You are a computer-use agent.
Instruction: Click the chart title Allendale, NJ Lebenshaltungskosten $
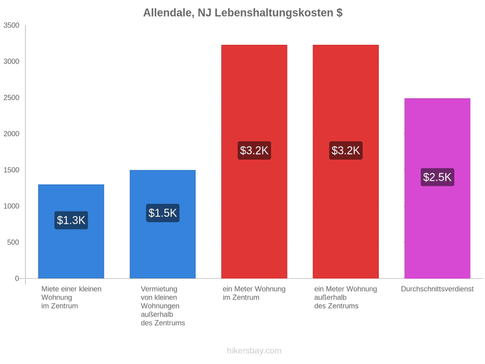tap(243, 13)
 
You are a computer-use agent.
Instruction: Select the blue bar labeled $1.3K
tap(71, 231)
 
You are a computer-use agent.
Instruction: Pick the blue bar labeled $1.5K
tap(163, 224)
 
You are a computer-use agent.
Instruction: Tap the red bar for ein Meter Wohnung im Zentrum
tap(254, 162)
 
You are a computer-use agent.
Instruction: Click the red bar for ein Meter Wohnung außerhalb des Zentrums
tap(346, 162)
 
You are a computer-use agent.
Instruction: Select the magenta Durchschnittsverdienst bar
tap(438, 189)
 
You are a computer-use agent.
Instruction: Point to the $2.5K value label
tap(438, 177)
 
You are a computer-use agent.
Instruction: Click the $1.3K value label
tap(71, 220)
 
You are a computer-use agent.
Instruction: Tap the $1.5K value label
tap(163, 213)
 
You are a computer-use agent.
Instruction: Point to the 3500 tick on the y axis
tap(11, 25)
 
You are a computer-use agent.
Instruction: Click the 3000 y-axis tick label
tap(11, 61)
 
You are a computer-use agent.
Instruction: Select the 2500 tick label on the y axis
tap(11, 98)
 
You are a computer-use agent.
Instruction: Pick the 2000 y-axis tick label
tap(11, 134)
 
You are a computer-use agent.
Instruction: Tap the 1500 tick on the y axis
tap(11, 170)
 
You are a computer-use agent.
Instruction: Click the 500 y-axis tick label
tap(13, 242)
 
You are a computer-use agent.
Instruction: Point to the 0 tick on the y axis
tap(17, 279)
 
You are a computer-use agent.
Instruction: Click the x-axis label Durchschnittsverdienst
tap(438, 289)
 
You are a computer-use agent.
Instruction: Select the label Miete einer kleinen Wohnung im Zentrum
tap(72, 298)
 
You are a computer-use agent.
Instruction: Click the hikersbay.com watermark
tap(254, 351)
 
